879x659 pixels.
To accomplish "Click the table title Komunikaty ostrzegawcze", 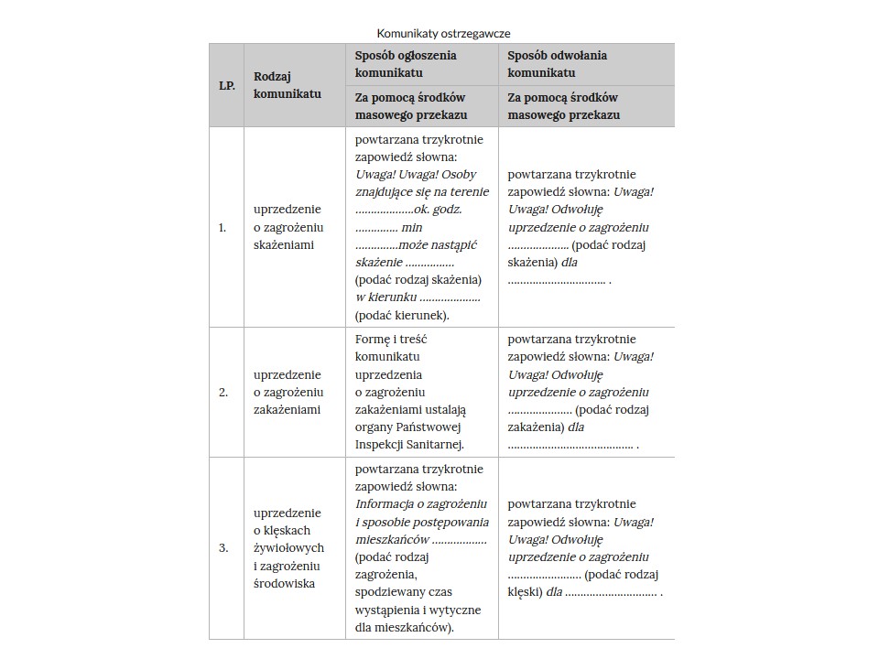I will (443, 33).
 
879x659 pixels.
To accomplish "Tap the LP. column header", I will (226, 85).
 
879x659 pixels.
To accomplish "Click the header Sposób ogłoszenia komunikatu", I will (406, 64).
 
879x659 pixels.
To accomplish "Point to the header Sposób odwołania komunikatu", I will (557, 64).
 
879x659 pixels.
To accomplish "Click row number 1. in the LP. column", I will (222, 227).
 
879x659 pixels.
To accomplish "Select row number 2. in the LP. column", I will (222, 392).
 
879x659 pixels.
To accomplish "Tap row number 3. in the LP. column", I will (222, 548).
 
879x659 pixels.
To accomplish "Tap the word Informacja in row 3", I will (384, 503).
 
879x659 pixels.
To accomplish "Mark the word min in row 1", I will (412, 227).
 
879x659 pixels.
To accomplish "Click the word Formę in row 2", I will (371, 339).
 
